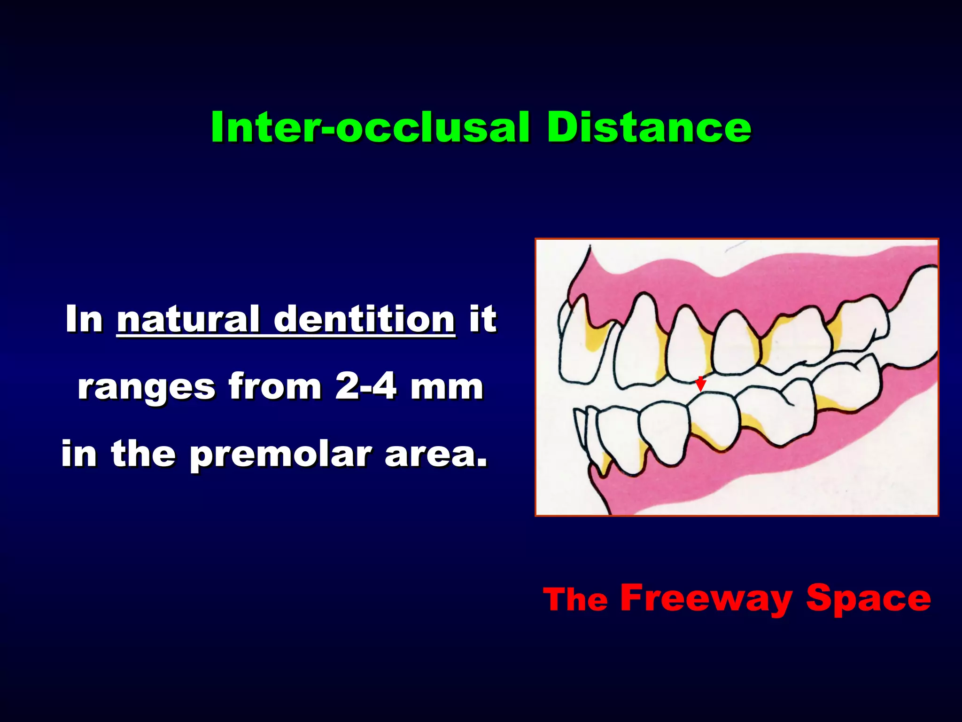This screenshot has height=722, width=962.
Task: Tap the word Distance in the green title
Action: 648,128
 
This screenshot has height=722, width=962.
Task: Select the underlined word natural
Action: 188,320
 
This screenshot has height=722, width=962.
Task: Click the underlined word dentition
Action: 364,320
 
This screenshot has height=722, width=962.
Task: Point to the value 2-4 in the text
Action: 365,387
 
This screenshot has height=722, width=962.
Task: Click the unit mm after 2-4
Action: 446,387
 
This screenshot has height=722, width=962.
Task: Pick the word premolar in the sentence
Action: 280,455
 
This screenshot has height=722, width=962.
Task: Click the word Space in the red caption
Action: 868,598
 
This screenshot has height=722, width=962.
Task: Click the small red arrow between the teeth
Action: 700,384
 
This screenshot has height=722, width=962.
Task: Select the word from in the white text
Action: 275,387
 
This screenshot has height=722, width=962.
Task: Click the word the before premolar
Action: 143,455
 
